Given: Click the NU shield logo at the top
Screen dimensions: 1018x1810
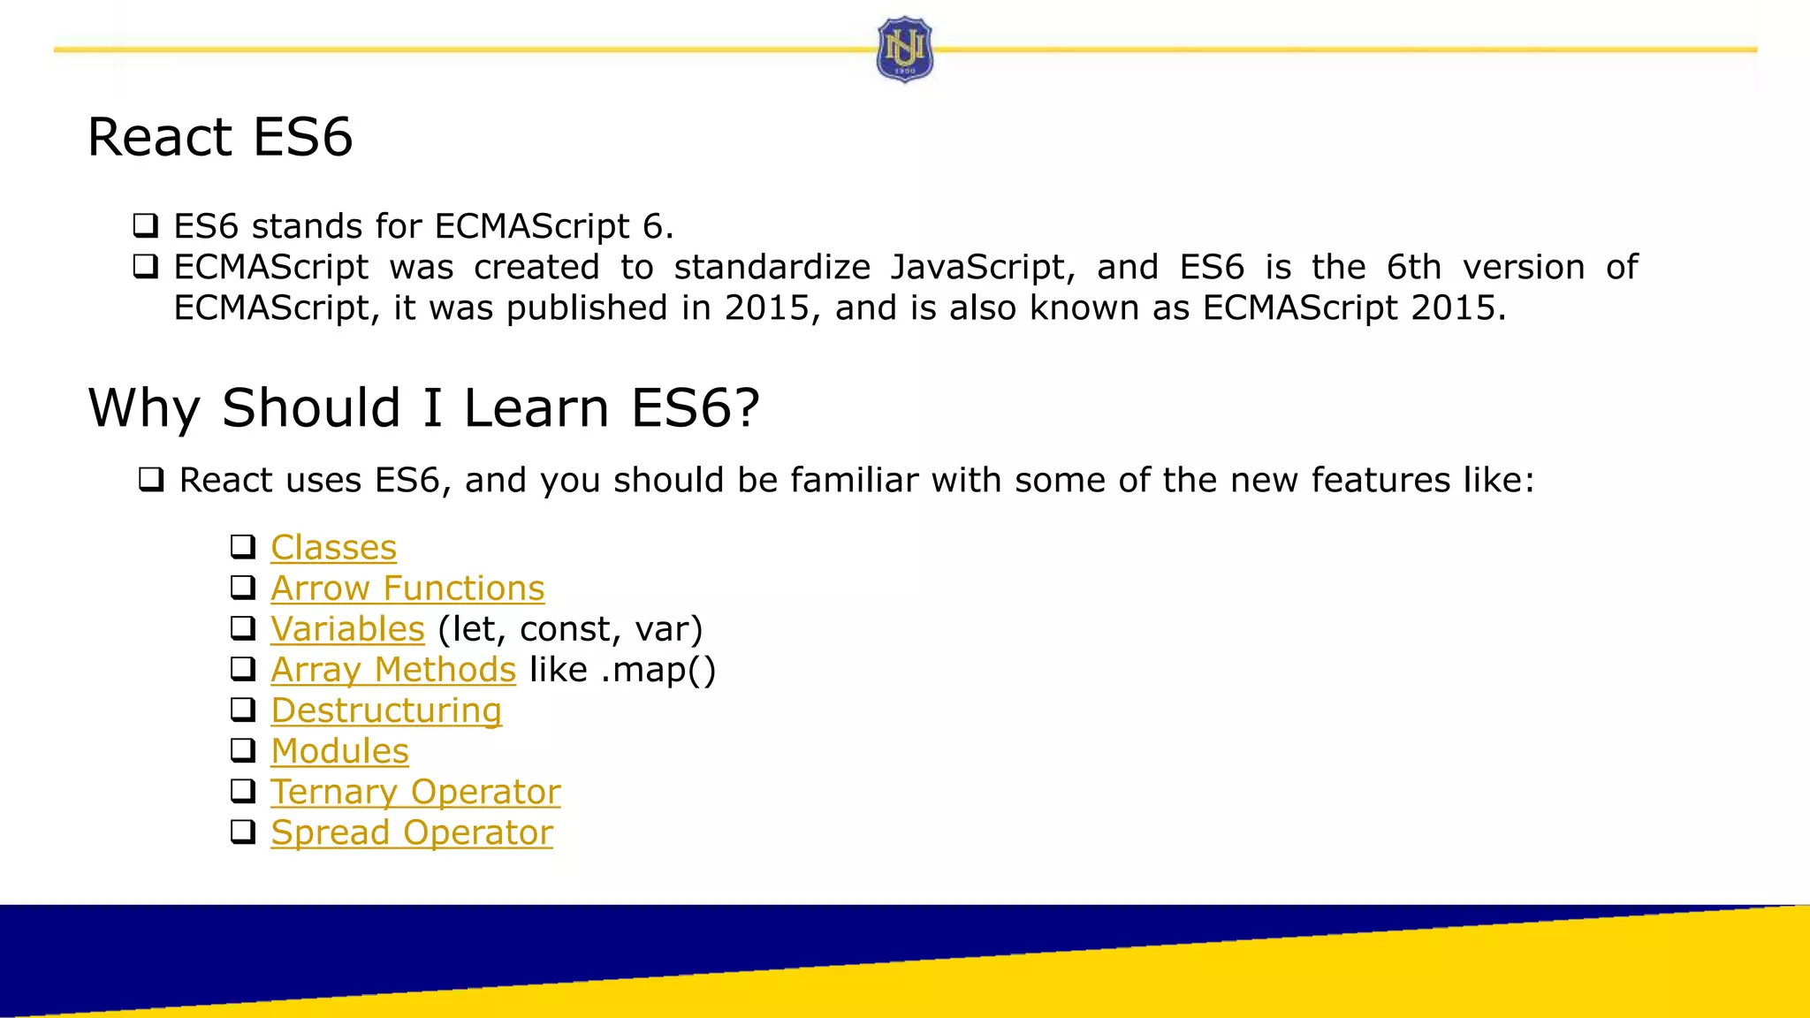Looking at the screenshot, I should (904, 49).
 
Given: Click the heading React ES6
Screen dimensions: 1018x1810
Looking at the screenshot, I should (220, 138).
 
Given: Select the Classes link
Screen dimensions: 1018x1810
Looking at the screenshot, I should (333, 548).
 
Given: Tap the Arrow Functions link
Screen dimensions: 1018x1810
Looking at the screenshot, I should (407, 589).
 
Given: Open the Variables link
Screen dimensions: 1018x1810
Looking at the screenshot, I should (347, 629).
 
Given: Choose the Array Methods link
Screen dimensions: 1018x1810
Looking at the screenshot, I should (393, 670).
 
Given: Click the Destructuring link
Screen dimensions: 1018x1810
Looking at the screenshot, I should (386, 710).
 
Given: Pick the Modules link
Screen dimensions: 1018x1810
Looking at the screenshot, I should (339, 751).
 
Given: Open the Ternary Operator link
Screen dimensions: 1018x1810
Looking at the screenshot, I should (415, 792).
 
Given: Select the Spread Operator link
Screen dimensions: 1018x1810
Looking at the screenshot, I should (412, 832).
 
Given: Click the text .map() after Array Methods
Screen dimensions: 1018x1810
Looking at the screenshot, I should (658, 670).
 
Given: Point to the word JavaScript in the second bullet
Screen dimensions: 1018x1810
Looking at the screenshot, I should (982, 268).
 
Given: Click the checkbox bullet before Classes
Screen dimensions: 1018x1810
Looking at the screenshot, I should (243, 547).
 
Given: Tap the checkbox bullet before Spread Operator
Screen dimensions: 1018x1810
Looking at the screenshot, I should (243, 832).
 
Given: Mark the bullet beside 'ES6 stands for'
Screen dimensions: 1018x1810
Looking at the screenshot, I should (146, 226).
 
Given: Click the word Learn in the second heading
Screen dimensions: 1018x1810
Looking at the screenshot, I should (536, 408).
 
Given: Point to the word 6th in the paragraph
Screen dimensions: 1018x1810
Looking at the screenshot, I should (1413, 267).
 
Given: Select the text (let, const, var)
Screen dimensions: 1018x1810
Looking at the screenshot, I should (570, 629).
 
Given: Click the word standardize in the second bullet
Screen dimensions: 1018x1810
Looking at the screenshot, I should (772, 267).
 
